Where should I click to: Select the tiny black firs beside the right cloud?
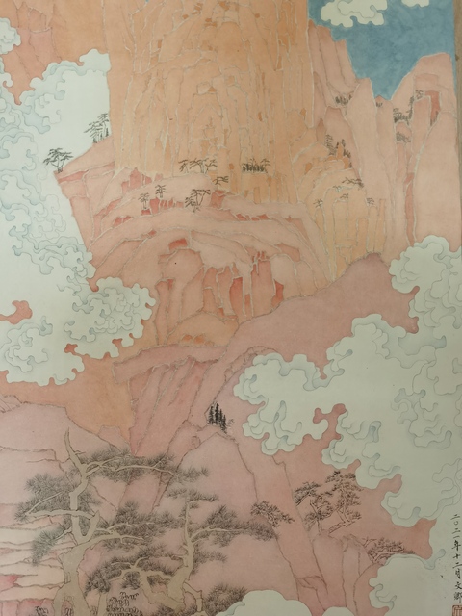click(217, 415)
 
